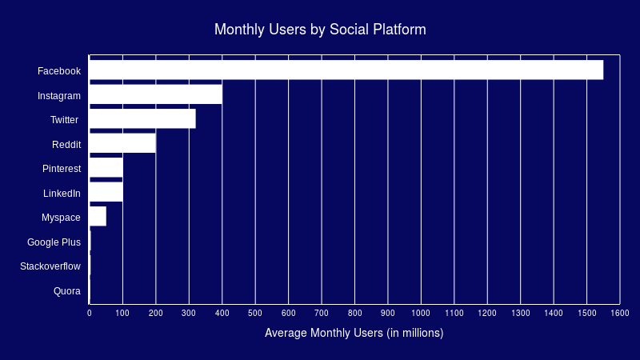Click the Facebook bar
[x=346, y=70]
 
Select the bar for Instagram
[x=155, y=95]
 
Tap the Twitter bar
[x=142, y=119]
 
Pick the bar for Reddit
[x=122, y=144]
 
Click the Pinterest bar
[x=106, y=168]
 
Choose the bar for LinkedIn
[x=106, y=193]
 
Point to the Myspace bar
[x=98, y=217]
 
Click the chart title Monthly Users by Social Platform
[x=320, y=30]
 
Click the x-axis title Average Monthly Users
[x=354, y=332]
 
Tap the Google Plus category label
[x=54, y=242]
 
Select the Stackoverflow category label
[x=50, y=266]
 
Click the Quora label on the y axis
[x=67, y=291]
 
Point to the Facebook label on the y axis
[x=59, y=71]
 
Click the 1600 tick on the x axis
[x=620, y=313]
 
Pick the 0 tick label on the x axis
[x=90, y=313]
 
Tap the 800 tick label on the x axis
[x=354, y=313]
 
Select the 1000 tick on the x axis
[x=421, y=313]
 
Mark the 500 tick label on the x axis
[x=255, y=313]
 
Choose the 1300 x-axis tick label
[x=520, y=313]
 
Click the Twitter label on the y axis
[x=65, y=120]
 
